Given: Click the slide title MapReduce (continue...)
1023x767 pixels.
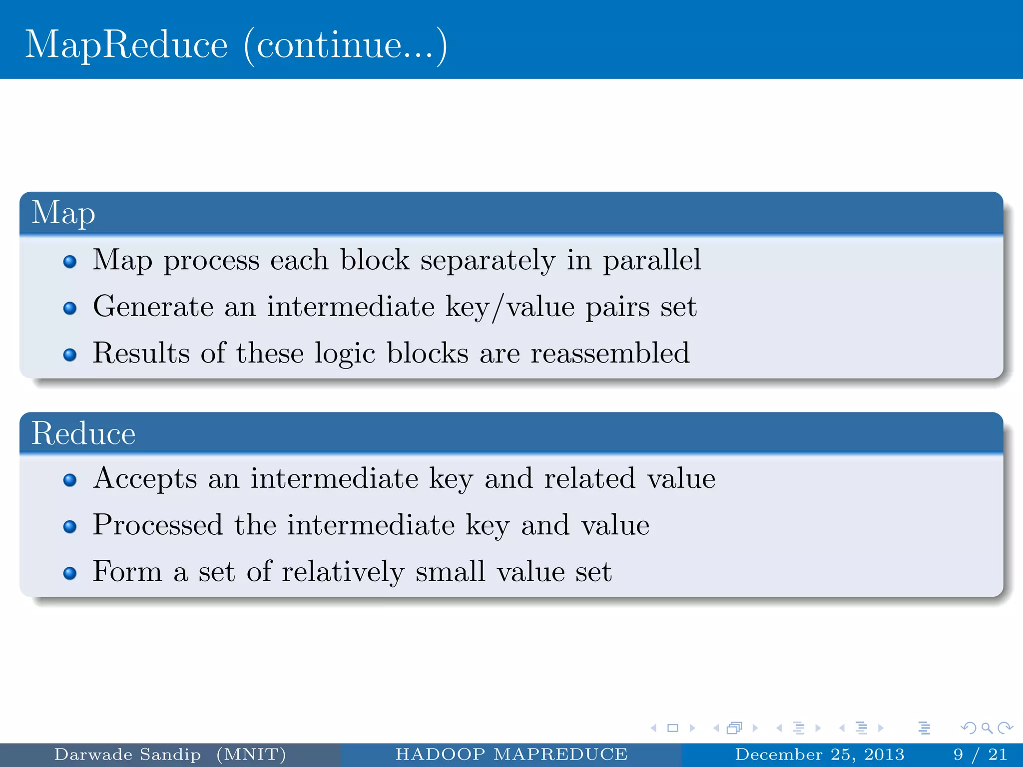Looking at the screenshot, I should coord(236,45).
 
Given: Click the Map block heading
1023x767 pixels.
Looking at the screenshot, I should coord(63,213).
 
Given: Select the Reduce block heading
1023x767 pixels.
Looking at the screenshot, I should coord(83,433).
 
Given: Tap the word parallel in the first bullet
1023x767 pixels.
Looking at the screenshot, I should coord(651,260).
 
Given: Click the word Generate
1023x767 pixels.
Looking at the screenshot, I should coord(153,306).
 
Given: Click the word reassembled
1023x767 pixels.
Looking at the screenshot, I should coord(609,353).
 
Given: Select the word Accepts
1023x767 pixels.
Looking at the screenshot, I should coord(145,478).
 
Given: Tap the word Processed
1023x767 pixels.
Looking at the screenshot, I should coord(157,525).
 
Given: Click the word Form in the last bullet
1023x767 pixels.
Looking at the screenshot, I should coord(127,571).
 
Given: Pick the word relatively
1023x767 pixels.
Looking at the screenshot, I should coord(343,571).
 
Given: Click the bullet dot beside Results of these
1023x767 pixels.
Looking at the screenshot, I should coord(70,355).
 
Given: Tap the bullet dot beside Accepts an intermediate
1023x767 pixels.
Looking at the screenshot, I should coord(70,480).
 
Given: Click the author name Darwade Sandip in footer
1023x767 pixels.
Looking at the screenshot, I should coord(127,754).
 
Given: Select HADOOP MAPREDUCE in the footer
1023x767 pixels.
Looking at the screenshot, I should coord(511,754).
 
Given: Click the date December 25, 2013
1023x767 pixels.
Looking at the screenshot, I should coord(819,754).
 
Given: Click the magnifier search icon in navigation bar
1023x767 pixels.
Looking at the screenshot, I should coord(987,728).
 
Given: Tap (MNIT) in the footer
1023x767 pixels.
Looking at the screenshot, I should coord(251,754).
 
